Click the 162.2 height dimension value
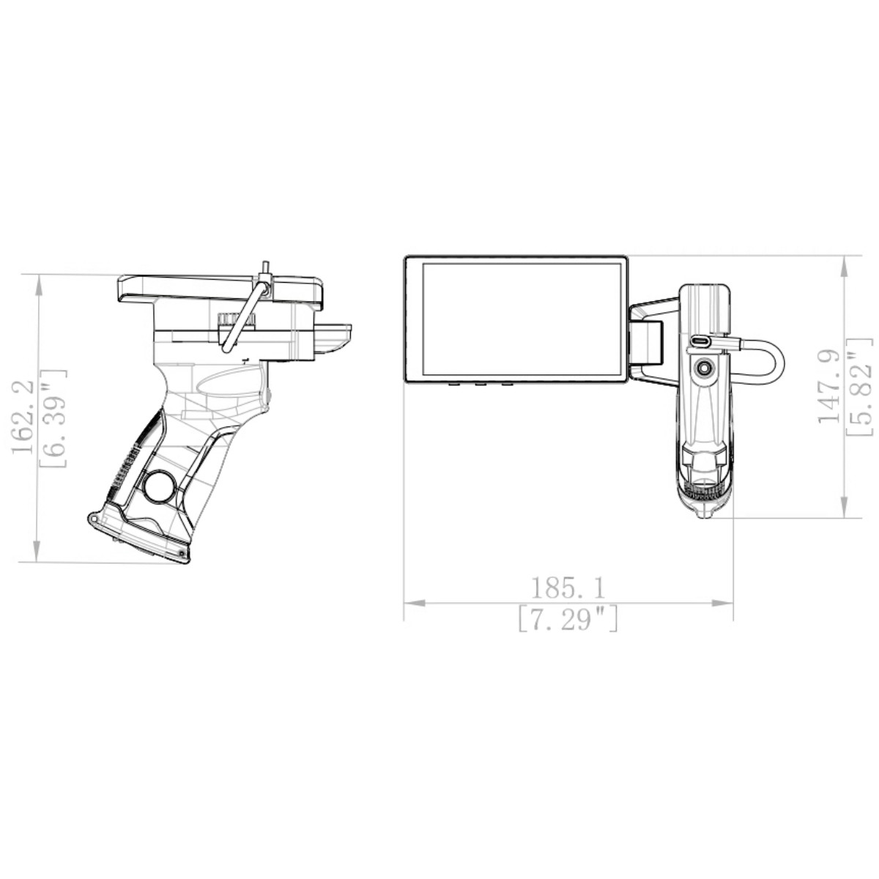(24, 418)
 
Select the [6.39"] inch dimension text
(56, 418)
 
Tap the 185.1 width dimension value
(568, 587)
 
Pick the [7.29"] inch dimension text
(568, 620)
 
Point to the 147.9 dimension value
(829, 385)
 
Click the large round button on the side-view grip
(159, 486)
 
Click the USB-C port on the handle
(701, 341)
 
